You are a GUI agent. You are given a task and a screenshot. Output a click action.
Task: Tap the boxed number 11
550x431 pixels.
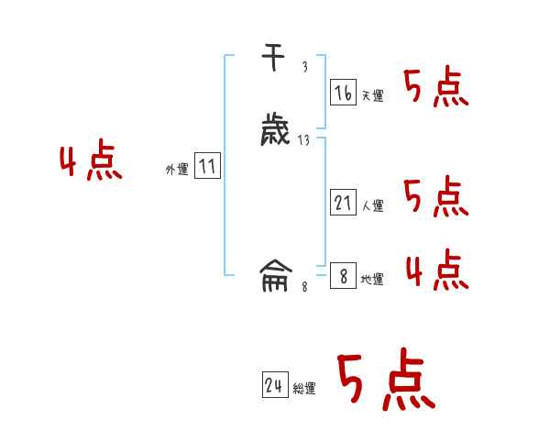point(207,167)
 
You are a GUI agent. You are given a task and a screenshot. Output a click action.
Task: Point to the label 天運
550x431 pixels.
point(372,95)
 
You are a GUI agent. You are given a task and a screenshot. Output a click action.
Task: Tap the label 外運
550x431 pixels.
point(176,170)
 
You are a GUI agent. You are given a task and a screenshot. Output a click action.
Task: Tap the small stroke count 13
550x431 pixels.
point(303,140)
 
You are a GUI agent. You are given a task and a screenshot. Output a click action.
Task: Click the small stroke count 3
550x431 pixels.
point(304,67)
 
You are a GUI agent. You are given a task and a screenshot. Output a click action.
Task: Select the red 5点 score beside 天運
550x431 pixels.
point(435,87)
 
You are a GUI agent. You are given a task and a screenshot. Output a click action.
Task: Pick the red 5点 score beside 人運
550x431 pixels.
point(435,197)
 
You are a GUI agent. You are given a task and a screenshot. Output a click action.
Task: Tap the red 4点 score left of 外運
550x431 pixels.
point(91,162)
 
